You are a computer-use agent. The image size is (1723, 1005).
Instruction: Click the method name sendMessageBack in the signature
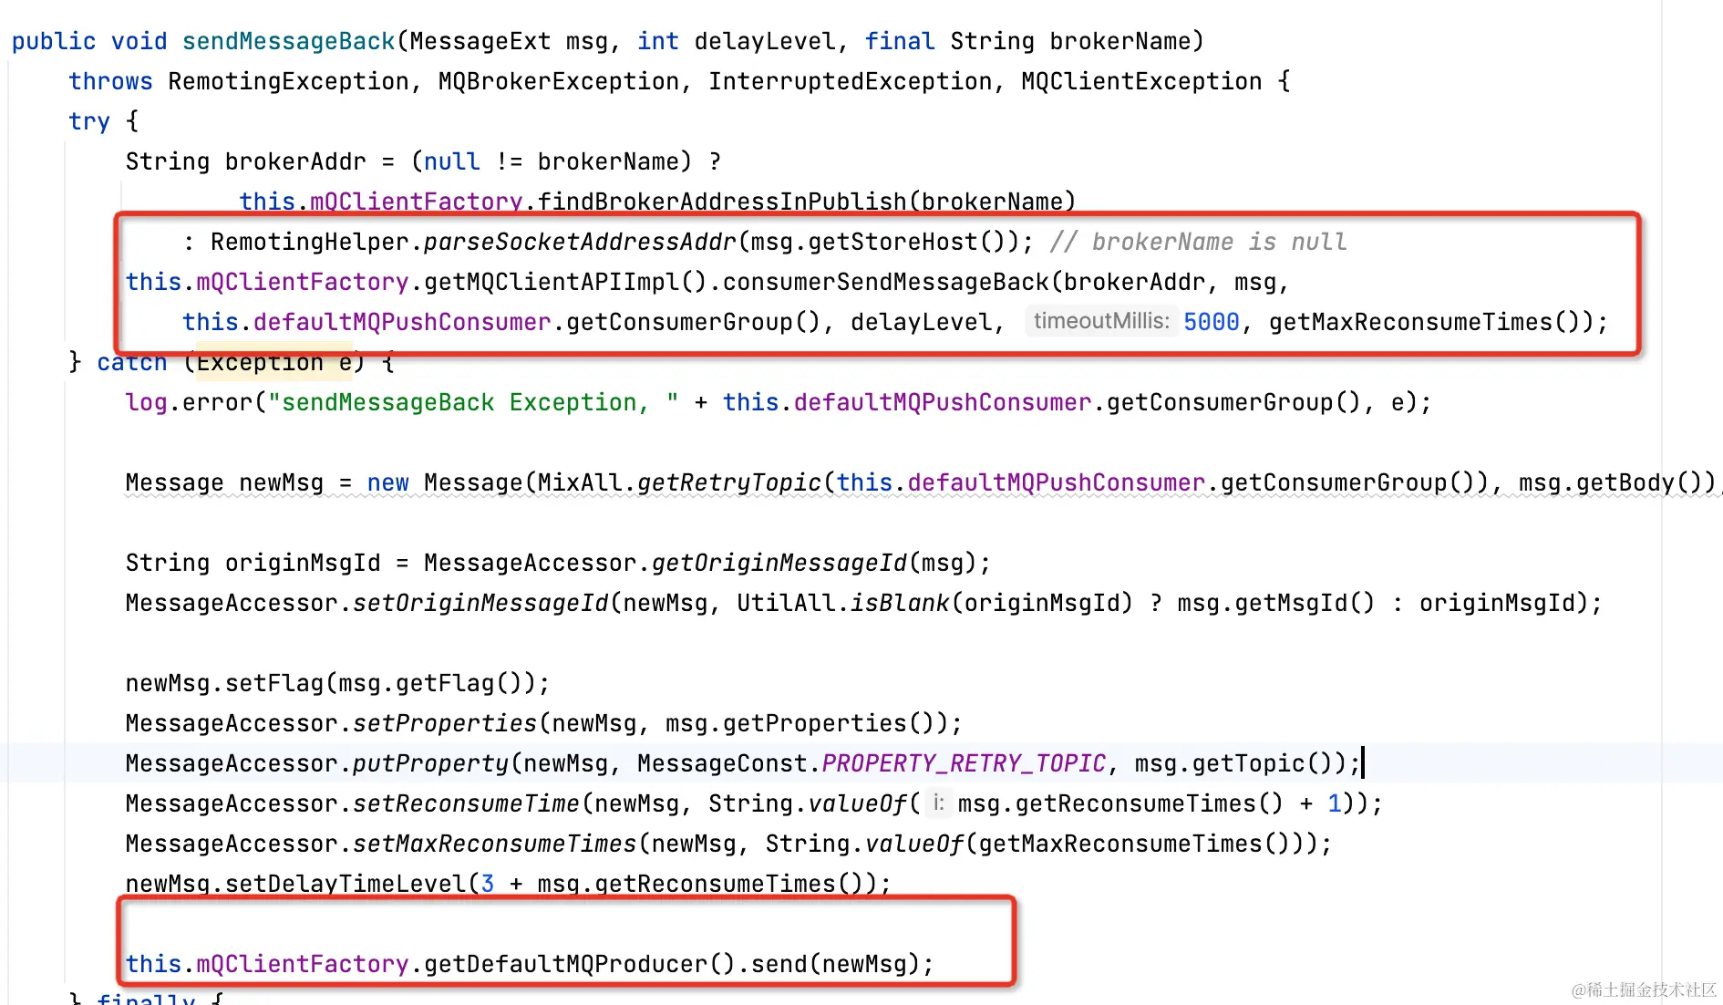[288, 41]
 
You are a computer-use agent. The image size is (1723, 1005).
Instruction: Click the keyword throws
[110, 81]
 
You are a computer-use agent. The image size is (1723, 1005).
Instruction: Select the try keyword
[88, 121]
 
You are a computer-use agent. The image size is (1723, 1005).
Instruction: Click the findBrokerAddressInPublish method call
[722, 201]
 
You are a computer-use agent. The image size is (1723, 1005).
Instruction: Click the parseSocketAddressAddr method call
[579, 242]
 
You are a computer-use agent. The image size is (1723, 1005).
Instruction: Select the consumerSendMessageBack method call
[885, 282]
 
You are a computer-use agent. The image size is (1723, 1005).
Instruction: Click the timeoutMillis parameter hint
[1100, 321]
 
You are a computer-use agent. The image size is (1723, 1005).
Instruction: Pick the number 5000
[1211, 322]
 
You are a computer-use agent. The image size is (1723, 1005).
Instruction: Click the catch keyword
[131, 363]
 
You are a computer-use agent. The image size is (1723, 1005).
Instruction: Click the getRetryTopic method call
[729, 482]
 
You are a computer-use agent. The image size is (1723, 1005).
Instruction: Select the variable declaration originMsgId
[303, 563]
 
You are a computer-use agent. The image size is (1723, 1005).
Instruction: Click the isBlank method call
[899, 603]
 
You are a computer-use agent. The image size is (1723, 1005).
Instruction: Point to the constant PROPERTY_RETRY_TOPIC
[964, 763]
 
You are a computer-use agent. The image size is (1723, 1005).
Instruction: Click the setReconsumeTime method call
[466, 803]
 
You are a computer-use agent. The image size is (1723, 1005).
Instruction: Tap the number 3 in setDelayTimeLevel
[488, 883]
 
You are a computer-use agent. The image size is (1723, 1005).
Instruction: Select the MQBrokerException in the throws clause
[558, 81]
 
